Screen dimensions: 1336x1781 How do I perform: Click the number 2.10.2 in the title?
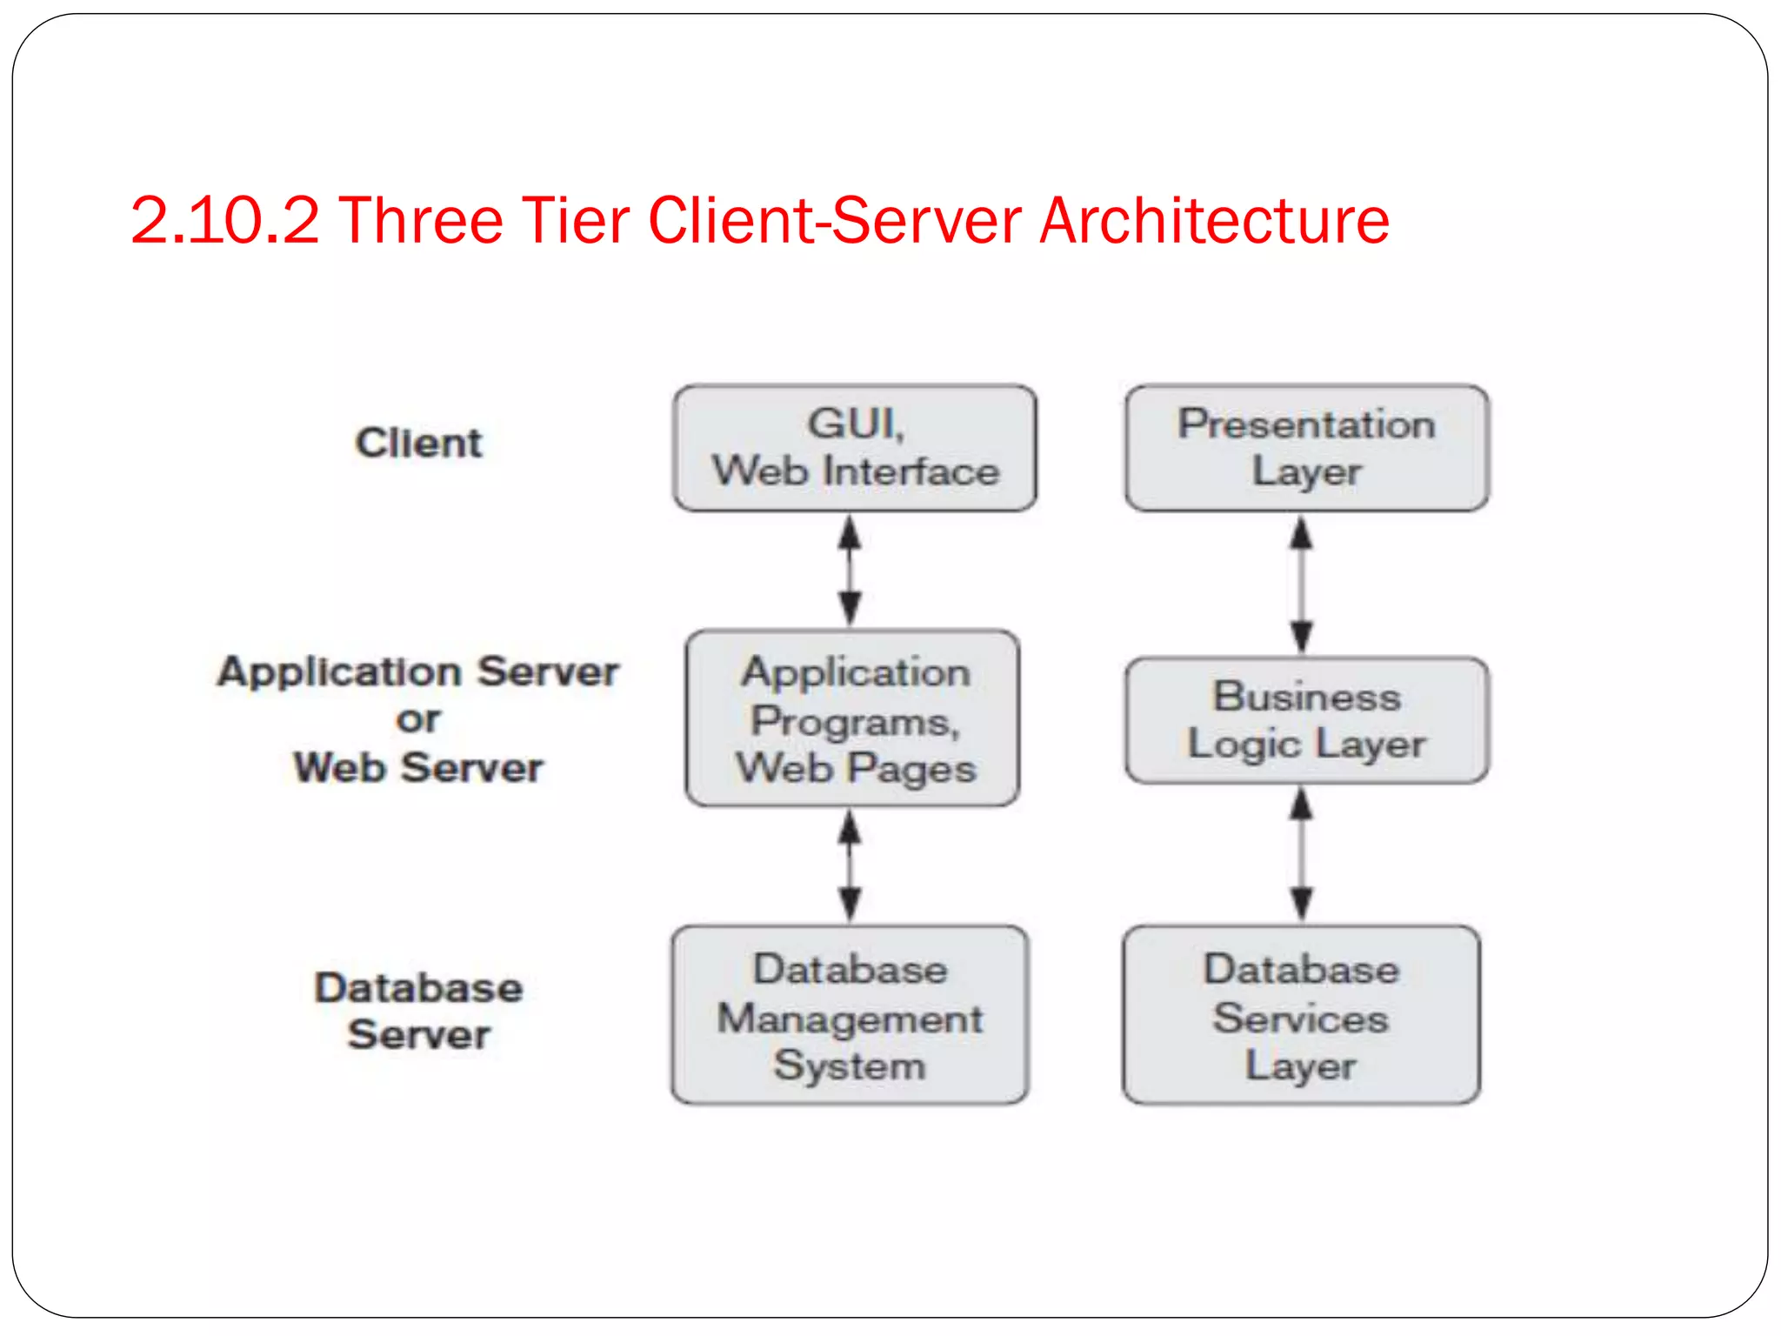[224, 220]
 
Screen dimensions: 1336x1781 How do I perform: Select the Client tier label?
[418, 443]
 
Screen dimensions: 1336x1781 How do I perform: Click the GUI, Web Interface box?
[855, 448]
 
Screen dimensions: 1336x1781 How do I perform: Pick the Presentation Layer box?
[1306, 448]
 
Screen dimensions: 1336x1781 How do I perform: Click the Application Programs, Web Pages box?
[852, 718]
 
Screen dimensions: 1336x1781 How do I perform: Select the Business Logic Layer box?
[1306, 720]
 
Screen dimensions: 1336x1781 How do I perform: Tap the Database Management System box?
[850, 1015]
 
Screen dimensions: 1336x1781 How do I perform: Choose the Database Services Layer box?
[1301, 1015]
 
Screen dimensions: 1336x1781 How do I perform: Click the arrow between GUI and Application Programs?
[850, 570]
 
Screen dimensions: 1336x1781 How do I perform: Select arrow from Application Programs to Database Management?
[850, 865]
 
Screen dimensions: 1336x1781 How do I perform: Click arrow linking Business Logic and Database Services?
[1301, 854]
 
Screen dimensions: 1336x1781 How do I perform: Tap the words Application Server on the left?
[418, 671]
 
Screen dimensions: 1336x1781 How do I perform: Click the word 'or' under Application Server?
[418, 719]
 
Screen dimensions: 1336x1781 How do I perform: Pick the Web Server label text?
[418, 767]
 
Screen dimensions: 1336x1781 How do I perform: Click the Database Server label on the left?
[418, 1011]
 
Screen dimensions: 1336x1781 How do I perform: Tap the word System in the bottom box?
[850, 1065]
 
